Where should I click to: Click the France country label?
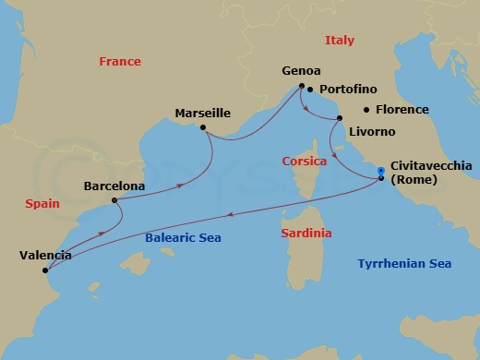120,62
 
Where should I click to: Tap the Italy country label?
340,41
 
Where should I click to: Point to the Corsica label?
305,162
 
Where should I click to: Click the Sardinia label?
306,234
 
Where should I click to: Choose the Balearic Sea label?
184,238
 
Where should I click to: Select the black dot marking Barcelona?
114,200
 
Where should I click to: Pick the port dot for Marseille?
203,128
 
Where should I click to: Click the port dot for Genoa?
301,88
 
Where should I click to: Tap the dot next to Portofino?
311,90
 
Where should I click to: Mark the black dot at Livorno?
339,118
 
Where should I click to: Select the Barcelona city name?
113,186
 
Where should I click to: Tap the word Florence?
401,110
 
